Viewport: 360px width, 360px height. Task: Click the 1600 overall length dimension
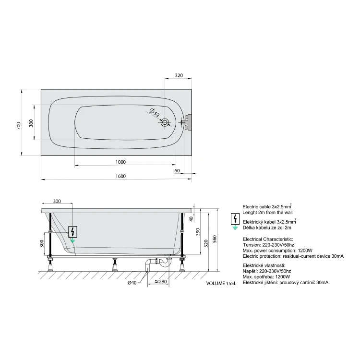coord(120,176)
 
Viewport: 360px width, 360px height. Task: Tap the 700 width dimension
coord(19,126)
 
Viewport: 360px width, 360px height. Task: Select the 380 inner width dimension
coord(31,123)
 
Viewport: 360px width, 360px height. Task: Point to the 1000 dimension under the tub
coord(120,162)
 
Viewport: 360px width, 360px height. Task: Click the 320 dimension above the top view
coord(179,75)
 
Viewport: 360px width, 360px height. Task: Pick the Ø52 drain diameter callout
coord(154,112)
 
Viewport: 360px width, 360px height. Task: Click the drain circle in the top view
coord(165,122)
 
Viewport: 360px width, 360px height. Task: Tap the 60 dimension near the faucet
coord(177,171)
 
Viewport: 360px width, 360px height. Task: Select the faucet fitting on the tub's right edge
coord(187,122)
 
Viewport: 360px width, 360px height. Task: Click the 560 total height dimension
coord(215,239)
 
